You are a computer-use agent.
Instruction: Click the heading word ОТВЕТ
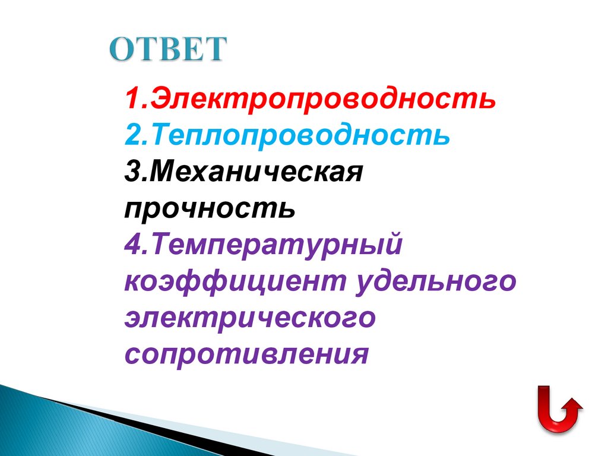click(168, 49)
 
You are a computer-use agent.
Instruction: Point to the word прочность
click(210, 209)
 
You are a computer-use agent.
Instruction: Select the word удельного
click(435, 281)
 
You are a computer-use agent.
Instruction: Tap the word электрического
click(250, 318)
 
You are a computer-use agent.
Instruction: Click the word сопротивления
click(247, 354)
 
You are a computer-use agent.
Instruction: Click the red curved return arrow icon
click(559, 410)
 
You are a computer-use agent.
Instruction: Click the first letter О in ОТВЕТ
click(122, 49)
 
